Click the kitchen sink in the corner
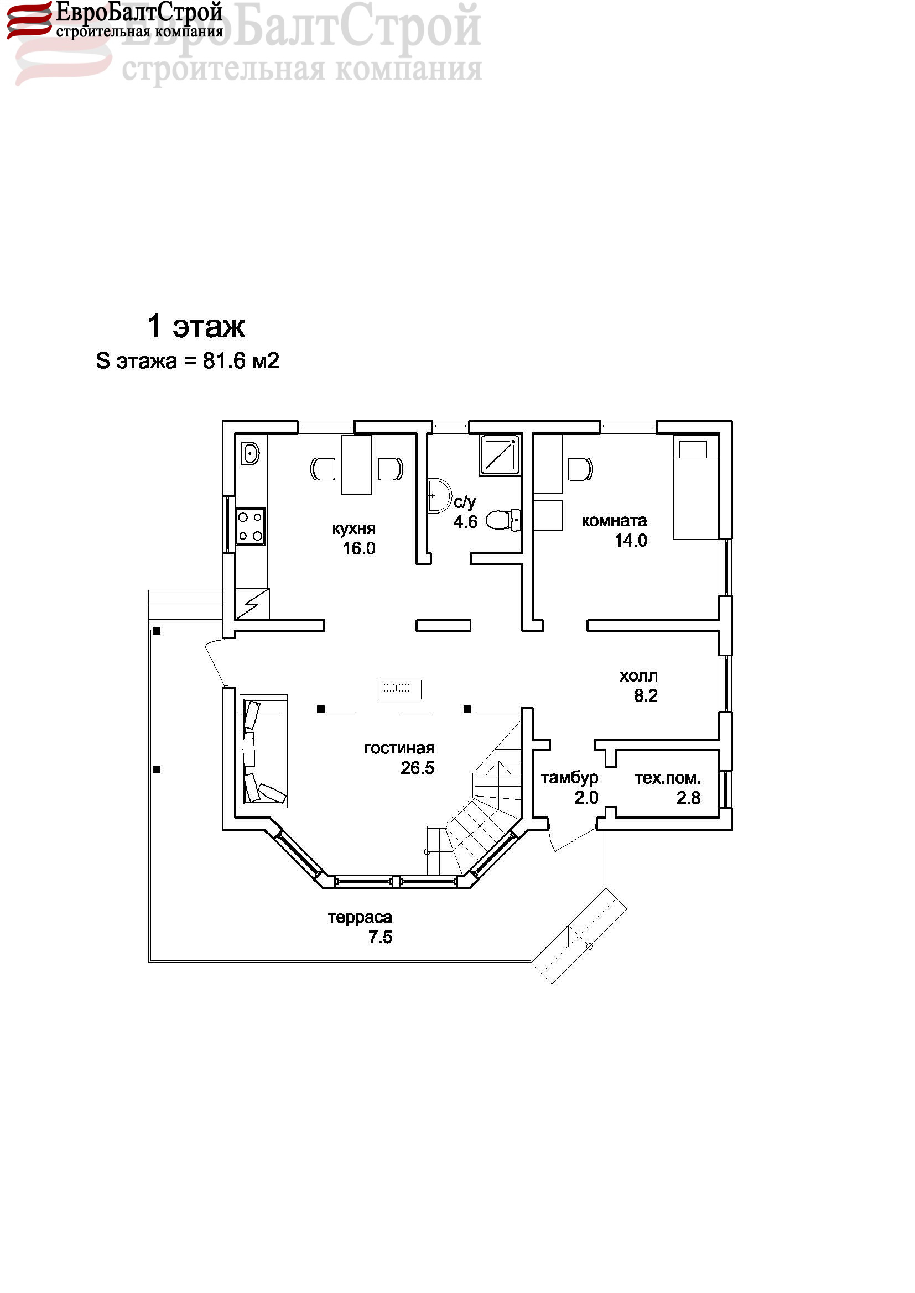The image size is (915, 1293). click(250, 453)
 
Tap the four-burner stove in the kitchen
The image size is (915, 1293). click(250, 527)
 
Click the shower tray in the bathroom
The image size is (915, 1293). click(500, 454)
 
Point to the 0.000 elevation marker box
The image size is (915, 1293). click(398, 689)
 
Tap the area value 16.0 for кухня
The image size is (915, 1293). click(359, 548)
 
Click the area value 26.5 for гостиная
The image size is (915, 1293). click(418, 768)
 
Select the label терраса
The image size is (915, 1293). click(360, 918)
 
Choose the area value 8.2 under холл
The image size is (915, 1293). click(646, 696)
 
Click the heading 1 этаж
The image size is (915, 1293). click(196, 327)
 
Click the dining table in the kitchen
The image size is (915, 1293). click(357, 465)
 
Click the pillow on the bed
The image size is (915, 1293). click(693, 449)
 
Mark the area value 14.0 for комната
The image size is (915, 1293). click(631, 541)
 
